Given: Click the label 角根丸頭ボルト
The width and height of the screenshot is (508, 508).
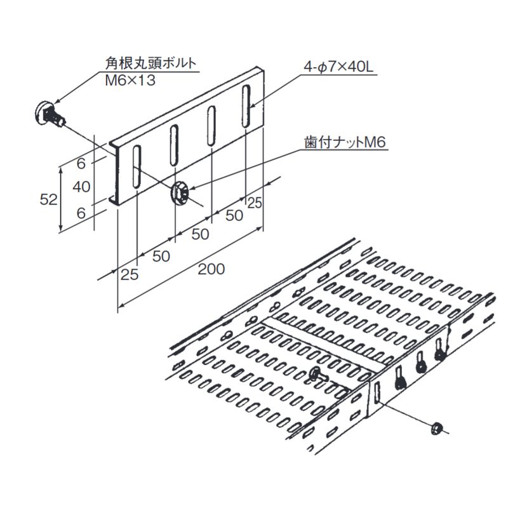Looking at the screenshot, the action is coord(150,63).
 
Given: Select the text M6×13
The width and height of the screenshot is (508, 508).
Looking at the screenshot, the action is coord(130,81).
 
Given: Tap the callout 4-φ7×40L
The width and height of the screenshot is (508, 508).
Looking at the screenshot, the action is coord(338,67).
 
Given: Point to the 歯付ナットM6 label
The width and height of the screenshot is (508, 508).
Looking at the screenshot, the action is coord(345,142).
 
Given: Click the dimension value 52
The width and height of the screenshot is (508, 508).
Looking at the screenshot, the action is coord(49,199).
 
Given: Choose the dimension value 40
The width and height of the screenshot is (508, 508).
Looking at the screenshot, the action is coord(81,187).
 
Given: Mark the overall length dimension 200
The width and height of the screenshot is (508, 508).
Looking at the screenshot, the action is coord(211,269).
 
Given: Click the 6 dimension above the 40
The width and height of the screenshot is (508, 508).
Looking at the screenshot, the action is coord(81,164).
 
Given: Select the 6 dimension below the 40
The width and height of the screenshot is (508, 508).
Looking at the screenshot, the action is coord(81,213).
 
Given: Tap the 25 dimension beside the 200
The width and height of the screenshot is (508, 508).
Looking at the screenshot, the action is coord(130,275).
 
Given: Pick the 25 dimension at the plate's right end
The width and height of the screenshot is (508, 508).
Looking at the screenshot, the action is coord(255,203).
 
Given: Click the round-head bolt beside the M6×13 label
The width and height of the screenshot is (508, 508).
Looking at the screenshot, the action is coord(50,114).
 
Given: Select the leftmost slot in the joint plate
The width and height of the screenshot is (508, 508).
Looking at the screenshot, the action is coord(137,166).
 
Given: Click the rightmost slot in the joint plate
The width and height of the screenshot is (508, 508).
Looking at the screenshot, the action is coord(247,106).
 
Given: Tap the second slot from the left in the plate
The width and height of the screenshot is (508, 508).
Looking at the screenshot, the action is coord(174,146).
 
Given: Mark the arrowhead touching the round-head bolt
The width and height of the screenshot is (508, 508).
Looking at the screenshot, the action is coord(58,100).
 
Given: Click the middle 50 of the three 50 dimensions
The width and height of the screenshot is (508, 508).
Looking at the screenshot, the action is coord(200,234).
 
